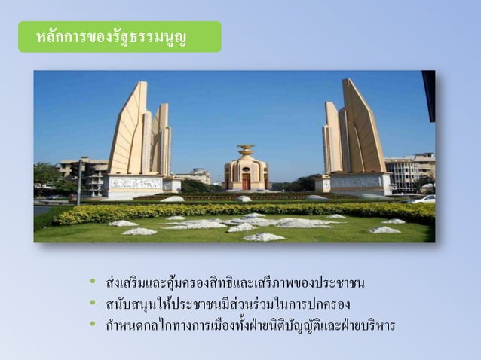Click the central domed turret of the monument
[246, 172]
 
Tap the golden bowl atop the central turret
[246, 149]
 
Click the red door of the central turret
[246, 182]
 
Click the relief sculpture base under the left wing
[135, 183]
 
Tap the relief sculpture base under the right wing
[357, 182]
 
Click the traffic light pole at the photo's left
[78, 181]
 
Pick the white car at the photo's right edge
[425, 200]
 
